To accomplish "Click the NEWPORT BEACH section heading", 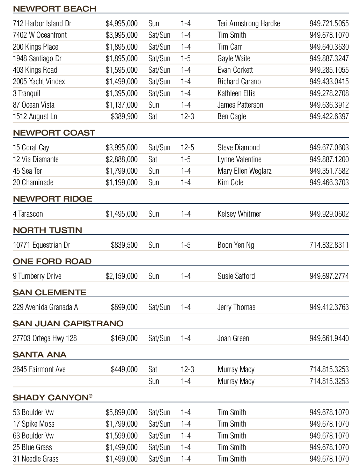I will pos(54,9).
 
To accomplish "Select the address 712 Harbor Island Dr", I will pos(42,23).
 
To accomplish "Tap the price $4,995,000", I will pos(122,23).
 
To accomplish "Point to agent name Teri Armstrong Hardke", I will pos(249,23).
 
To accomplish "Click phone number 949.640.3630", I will pos(329,47).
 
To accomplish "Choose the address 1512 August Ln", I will pos(35,116).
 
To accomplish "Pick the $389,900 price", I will pos(124,116).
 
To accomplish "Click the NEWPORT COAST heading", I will pos(54,133).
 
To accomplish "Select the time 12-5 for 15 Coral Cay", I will pos(187,147).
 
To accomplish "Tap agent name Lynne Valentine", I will pos(239,159).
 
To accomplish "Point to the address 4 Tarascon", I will pos(28,214).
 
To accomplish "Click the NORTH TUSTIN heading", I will pos(47,230).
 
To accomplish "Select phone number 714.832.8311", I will pos(329,245).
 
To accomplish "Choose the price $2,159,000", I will pos(122,276).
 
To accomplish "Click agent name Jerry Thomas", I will pos(236,307).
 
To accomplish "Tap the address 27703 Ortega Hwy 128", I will pos(45,338).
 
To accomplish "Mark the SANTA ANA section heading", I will pos(39,355).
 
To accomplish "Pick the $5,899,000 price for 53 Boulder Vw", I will pos(122,412).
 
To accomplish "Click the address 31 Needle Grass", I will pos(36,459).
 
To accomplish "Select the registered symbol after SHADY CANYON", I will pos(91,396).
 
